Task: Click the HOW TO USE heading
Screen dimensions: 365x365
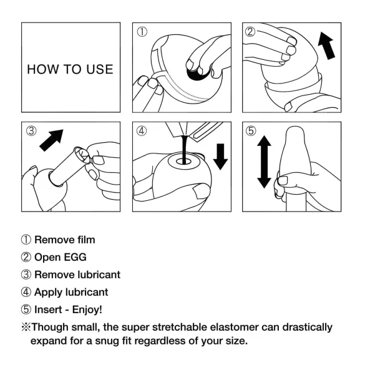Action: pos(70,69)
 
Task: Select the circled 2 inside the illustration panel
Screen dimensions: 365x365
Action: pos(251,31)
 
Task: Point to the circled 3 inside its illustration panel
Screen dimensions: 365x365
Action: pos(31,131)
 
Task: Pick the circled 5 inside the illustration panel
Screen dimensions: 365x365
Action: pos(251,131)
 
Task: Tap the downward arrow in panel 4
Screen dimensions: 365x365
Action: pos(221,156)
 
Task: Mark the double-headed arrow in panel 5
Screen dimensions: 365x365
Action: pos(264,163)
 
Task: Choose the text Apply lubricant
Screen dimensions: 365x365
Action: pos(71,291)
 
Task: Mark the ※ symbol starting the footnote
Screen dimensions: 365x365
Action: pos(26,327)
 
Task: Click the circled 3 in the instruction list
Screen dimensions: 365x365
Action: pos(26,274)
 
